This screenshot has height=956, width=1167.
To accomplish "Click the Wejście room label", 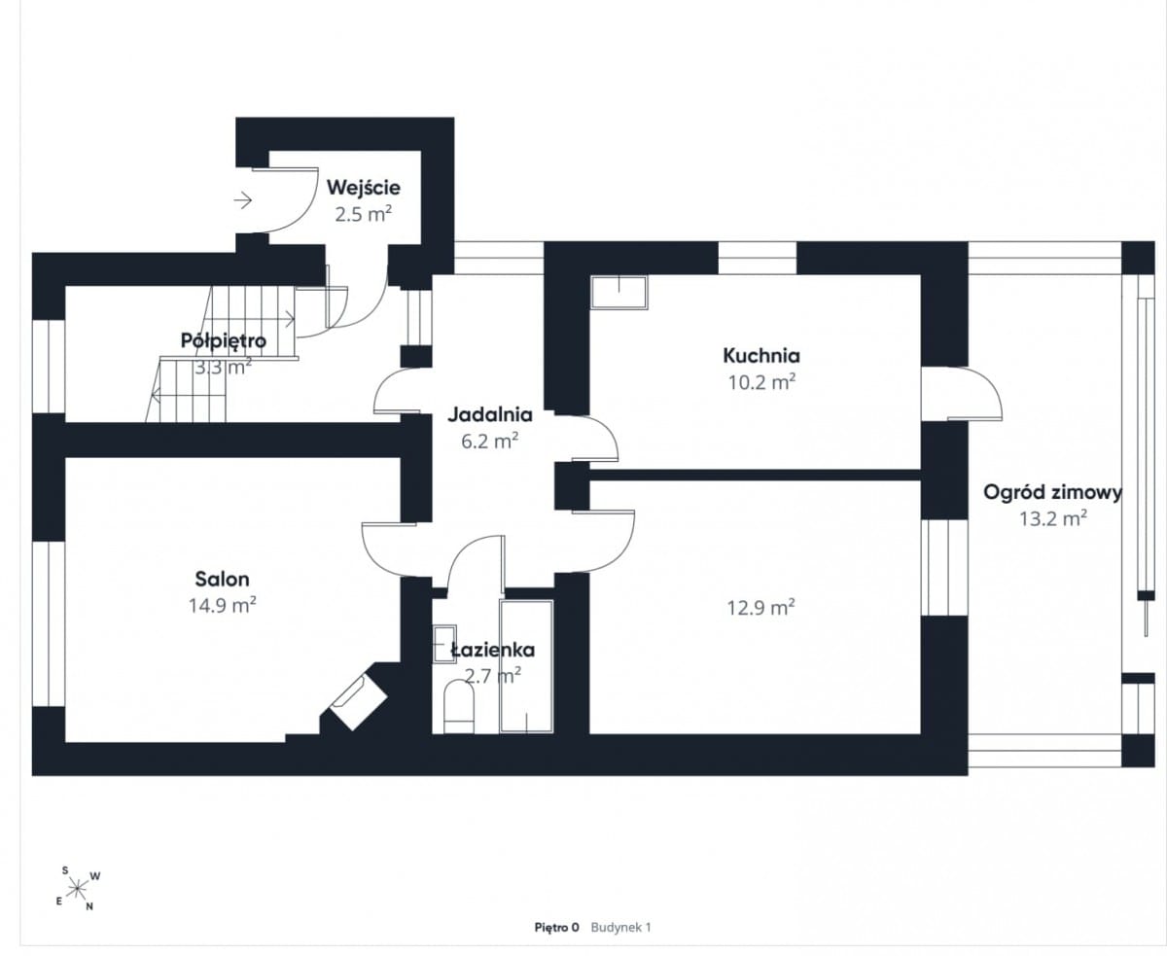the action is coord(363,189).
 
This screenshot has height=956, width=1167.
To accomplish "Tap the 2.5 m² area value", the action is coord(363,214).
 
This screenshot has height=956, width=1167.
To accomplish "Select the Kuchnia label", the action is coord(761,355).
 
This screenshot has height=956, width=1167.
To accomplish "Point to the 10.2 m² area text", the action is coord(761,382).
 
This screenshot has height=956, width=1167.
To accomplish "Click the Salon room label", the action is coord(222,579).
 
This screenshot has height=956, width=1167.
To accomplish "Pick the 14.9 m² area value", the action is coord(222,605).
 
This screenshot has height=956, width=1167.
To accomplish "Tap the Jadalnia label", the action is coord(490,415).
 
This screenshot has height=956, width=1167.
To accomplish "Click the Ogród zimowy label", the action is coord(1052,493).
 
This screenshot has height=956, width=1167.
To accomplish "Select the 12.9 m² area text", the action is coord(760,608).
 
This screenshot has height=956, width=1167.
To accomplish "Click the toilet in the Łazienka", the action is coord(459,708).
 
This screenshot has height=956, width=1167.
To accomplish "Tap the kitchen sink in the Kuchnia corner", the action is coord(619,292).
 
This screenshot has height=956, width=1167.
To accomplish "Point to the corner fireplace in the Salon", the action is coord(358,702).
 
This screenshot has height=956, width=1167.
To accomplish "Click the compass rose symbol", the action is coord(77,889).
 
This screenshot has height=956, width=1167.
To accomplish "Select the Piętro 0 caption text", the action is coord(556,927).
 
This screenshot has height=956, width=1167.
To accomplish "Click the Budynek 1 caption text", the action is coord(620,927).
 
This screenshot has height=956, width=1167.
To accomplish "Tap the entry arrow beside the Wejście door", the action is coord(243,199).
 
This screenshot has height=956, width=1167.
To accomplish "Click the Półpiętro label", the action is coord(224,340).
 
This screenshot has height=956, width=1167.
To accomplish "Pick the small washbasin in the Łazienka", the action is coord(444,644).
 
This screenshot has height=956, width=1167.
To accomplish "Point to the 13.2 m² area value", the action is coord(1053,518).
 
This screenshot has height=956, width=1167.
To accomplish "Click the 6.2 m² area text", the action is coord(490,442).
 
